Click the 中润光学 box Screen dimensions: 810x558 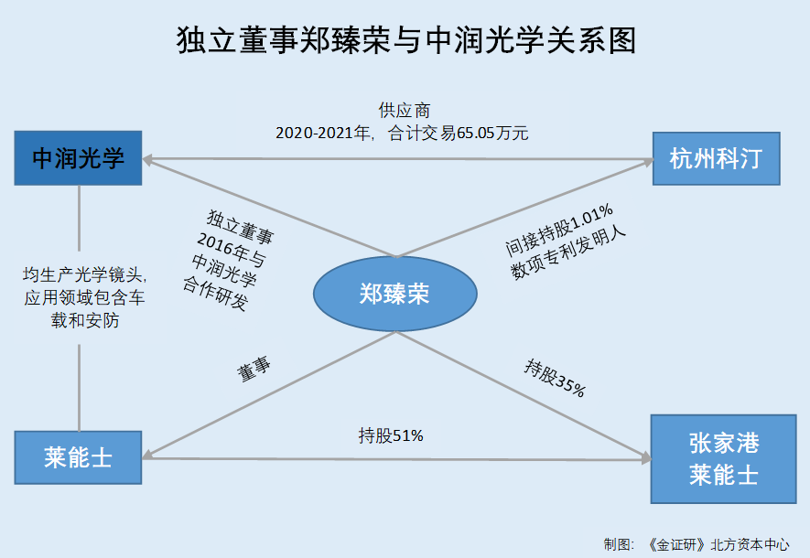click(78, 158)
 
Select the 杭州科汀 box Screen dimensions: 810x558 click(717, 158)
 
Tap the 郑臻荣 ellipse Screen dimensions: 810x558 click(395, 294)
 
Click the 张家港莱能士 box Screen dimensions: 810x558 click(724, 459)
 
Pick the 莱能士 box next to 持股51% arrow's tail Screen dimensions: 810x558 click(78, 457)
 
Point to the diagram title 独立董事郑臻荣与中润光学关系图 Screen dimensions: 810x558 click(406, 40)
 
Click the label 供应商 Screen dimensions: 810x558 click(405, 110)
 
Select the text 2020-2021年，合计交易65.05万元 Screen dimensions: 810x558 click(402, 134)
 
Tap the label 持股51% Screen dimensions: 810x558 click(391, 435)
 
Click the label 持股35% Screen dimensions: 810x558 click(556, 379)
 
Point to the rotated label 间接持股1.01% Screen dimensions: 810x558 click(559, 231)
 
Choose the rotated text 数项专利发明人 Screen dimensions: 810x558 click(568, 252)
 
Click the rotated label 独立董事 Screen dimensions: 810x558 click(240, 227)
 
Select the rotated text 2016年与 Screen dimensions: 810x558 click(232, 249)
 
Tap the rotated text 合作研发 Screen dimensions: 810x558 click(216, 293)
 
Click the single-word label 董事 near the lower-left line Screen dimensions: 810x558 click(254, 369)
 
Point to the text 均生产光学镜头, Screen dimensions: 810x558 click(85, 274)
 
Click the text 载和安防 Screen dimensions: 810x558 click(85, 320)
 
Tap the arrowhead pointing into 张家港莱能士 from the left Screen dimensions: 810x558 click(646, 458)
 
